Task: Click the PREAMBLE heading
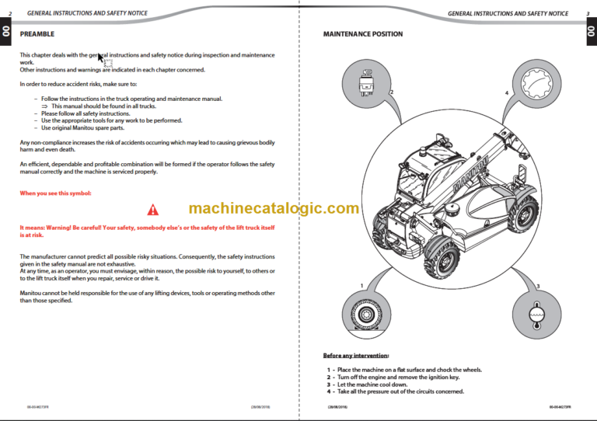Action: tap(37, 34)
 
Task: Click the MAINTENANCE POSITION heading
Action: tap(362, 34)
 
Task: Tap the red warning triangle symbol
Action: tap(152, 209)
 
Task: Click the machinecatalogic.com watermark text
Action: tap(274, 208)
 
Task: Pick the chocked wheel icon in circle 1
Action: tap(365, 314)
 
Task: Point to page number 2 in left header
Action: tap(10, 13)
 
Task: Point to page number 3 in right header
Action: tap(587, 13)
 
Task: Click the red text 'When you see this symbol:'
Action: tap(55, 193)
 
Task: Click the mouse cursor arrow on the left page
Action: tap(100, 58)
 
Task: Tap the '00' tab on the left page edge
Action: tap(5, 32)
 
